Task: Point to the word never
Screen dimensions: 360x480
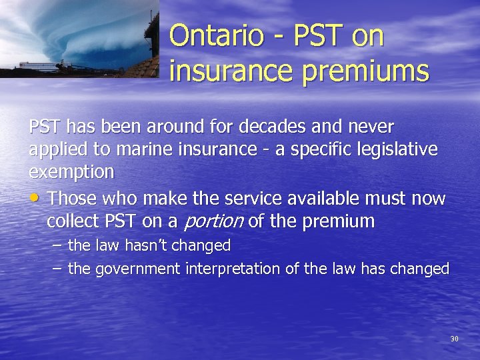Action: pos(372,127)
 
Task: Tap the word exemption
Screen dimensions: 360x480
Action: pos(71,172)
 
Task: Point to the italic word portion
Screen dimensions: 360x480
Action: pos(213,221)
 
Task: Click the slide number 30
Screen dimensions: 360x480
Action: pos(454,339)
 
